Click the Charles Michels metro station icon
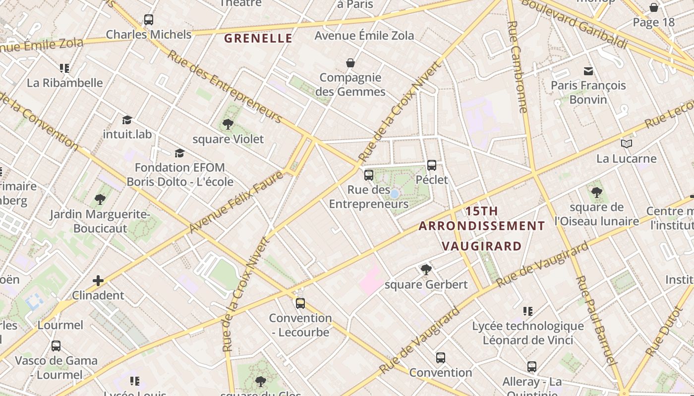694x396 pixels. click(x=148, y=20)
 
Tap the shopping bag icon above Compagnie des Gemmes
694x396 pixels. click(x=350, y=63)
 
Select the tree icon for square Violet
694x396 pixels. click(x=228, y=124)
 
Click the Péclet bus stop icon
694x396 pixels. click(x=432, y=165)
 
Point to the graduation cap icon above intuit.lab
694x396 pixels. click(x=127, y=120)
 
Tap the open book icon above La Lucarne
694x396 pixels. click(x=627, y=144)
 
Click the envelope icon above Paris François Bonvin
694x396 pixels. click(x=588, y=71)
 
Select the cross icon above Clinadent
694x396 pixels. click(x=98, y=281)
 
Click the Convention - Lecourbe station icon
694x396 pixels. click(x=300, y=303)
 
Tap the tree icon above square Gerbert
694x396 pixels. click(x=426, y=270)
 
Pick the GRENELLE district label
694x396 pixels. click(x=258, y=38)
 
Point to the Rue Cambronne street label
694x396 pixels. click(x=518, y=67)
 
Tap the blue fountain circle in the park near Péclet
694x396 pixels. click(x=395, y=194)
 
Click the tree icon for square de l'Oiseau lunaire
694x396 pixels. click(x=597, y=193)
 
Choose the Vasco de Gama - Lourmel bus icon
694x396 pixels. click(x=56, y=346)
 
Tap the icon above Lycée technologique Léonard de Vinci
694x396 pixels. click(x=528, y=311)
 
